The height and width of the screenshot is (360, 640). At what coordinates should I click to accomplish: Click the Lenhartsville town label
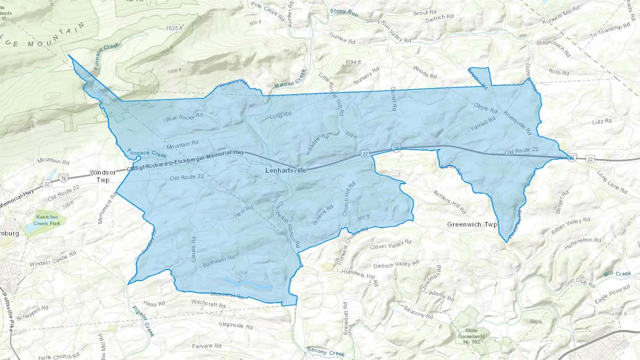tap(286, 171)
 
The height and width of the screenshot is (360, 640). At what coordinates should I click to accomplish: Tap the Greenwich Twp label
tap(472, 225)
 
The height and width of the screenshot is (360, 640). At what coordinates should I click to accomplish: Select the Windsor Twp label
tap(103, 176)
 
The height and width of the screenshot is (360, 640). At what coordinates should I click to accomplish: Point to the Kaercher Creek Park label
tap(47, 220)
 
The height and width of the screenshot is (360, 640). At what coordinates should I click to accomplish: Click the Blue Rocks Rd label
tap(184, 117)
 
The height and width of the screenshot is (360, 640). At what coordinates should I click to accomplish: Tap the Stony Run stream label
tap(343, 12)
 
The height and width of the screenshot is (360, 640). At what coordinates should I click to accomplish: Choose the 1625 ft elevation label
tap(174, 28)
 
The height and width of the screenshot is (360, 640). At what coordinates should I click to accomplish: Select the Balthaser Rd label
tap(219, 261)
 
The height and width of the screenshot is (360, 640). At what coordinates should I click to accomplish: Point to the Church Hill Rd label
tap(348, 199)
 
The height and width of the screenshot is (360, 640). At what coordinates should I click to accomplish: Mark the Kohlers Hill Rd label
tap(449, 202)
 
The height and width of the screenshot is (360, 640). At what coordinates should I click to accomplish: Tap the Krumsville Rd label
tap(517, 123)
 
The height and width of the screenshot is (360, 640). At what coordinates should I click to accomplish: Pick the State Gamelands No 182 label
tap(471, 336)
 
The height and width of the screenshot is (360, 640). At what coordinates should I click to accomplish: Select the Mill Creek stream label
tap(617, 274)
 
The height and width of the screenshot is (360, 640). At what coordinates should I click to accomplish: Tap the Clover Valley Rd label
tap(390, 245)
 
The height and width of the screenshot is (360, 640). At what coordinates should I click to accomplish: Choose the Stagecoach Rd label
tap(553, 48)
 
